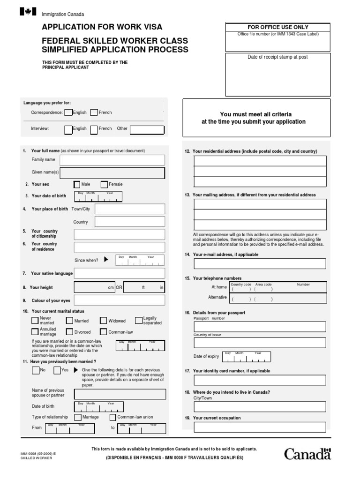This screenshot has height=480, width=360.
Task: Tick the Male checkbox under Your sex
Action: coord(77,184)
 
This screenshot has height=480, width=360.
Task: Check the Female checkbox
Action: coord(104,184)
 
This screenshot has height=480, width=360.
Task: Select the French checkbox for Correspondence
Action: coord(94,112)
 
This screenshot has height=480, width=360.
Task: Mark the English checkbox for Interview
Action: coord(68,129)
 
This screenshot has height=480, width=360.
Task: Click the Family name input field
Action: coord(112,160)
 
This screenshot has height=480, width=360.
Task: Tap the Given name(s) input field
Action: coord(112,173)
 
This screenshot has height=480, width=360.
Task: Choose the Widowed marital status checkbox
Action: coord(104,321)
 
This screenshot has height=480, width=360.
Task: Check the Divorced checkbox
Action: coord(70,332)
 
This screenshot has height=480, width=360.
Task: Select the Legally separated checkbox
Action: coord(139,320)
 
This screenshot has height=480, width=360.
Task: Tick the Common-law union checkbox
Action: coord(112,417)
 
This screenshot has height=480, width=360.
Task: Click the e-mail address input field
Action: coord(260,263)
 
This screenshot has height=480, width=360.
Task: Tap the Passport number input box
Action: coord(260,327)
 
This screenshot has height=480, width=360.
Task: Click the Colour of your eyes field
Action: coord(119,300)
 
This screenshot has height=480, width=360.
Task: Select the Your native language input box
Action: coord(119,273)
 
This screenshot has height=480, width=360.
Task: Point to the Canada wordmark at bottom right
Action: coord(307,454)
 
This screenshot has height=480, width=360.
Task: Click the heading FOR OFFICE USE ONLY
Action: coord(278,27)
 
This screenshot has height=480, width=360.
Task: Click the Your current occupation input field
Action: coord(260,427)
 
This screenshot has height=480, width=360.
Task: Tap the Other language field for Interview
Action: coord(147,129)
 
